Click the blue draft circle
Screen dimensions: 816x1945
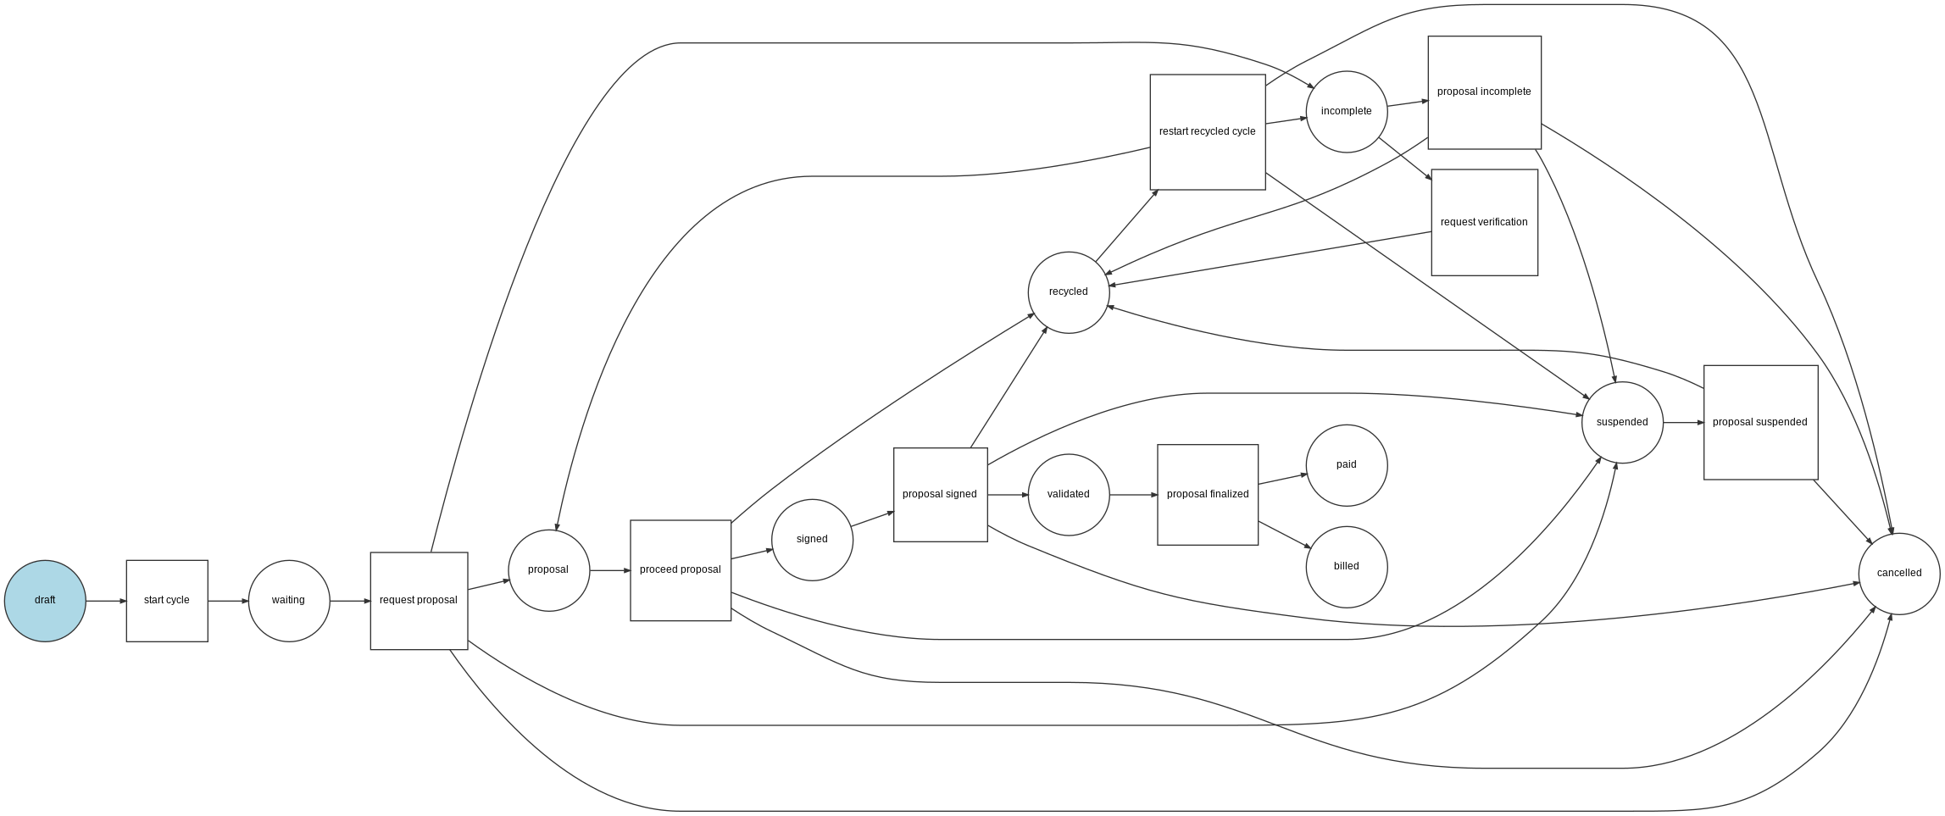pos(45,601)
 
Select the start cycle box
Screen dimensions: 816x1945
pos(167,601)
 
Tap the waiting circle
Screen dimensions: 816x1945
pos(289,601)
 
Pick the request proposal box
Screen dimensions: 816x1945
pos(419,601)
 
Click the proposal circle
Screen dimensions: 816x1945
pos(548,570)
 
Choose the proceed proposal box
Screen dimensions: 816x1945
pos(681,570)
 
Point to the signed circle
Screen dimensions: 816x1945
pos(812,540)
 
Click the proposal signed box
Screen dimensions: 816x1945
pos(940,495)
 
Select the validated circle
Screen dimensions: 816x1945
pos(1069,495)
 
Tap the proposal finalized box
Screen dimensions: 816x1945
pos(1208,495)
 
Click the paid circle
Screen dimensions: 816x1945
pos(1347,465)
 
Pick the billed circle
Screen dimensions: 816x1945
pos(1347,567)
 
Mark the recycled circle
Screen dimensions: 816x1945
pos(1069,292)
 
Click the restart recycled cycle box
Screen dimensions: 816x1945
pos(1208,132)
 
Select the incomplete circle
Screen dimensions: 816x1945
pos(1347,112)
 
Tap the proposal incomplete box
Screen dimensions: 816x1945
pos(1484,92)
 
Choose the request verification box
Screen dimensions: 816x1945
pos(1484,223)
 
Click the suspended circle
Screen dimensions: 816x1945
pos(1622,423)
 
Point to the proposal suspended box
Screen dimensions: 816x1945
pos(1760,423)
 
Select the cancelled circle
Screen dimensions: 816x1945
pos(1899,574)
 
